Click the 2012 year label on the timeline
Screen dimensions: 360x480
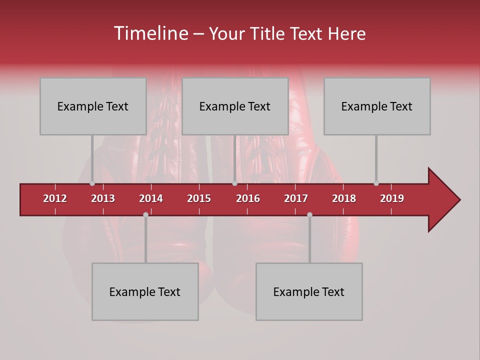[55, 198]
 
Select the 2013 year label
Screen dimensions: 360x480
[103, 198]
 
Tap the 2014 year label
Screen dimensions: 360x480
[151, 198]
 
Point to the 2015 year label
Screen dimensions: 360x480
[199, 198]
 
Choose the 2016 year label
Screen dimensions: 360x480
[248, 198]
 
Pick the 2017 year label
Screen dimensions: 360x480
[296, 198]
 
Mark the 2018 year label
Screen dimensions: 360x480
[344, 198]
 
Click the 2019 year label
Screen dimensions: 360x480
[392, 198]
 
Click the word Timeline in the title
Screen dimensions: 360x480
[150, 33]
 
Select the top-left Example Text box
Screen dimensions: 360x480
[93, 106]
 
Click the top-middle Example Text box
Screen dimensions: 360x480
[235, 106]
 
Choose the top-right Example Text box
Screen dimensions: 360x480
[377, 106]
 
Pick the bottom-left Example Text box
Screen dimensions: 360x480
[145, 291]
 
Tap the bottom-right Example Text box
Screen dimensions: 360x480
[309, 291]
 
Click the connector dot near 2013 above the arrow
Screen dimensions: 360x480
[92, 183]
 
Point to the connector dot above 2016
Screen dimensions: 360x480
[234, 183]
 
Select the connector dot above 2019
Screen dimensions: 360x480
[376, 183]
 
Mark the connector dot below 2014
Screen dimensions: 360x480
[145, 214]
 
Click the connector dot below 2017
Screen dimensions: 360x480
[309, 214]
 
